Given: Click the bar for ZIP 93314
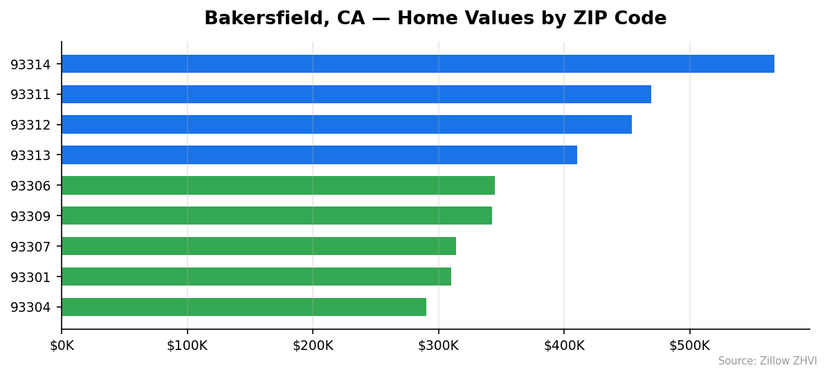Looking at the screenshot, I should (417, 64).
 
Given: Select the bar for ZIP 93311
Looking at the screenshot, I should (356, 94).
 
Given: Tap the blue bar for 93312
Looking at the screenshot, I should (346, 125).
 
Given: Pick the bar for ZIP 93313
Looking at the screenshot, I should (319, 155).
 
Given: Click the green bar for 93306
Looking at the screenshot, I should (278, 185).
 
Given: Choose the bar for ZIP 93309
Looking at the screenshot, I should (276, 216).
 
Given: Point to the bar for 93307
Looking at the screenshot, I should (258, 246).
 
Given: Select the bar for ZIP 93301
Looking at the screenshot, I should (256, 277).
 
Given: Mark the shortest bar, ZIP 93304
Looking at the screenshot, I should (244, 307).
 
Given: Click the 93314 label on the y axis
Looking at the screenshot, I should (30, 64).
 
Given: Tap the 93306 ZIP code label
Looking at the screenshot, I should (30, 186).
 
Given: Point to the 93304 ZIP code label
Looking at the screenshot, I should (30, 308).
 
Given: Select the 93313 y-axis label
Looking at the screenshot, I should (30, 155).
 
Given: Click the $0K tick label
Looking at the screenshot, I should (62, 345).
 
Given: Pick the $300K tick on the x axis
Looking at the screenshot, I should (438, 345).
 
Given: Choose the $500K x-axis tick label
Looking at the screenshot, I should (689, 345).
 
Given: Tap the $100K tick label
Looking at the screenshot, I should (187, 345).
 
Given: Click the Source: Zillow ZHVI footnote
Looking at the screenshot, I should (767, 361).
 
